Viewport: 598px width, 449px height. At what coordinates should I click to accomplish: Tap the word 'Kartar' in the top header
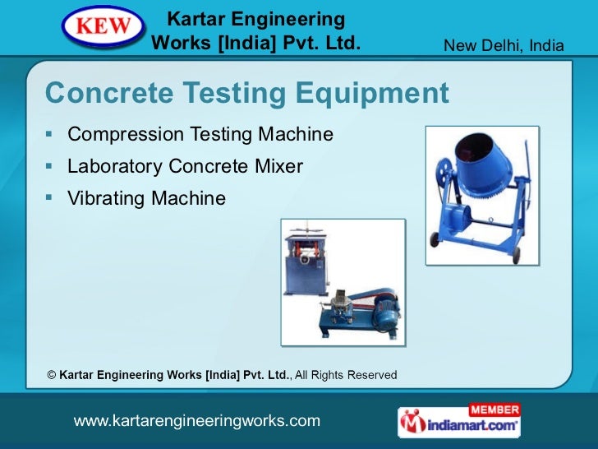tap(195, 18)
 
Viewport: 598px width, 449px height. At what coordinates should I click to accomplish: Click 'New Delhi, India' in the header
tap(504, 44)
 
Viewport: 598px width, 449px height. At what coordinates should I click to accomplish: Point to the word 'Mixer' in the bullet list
tap(279, 167)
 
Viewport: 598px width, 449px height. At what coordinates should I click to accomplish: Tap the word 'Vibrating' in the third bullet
tap(102, 198)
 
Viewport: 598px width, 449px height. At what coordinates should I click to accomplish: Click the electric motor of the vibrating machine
tap(384, 312)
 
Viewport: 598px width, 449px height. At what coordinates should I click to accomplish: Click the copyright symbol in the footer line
tap(52, 375)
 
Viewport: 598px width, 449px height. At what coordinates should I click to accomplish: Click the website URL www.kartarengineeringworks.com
tap(196, 421)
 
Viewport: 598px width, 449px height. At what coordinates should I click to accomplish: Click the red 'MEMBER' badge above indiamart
tap(494, 409)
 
